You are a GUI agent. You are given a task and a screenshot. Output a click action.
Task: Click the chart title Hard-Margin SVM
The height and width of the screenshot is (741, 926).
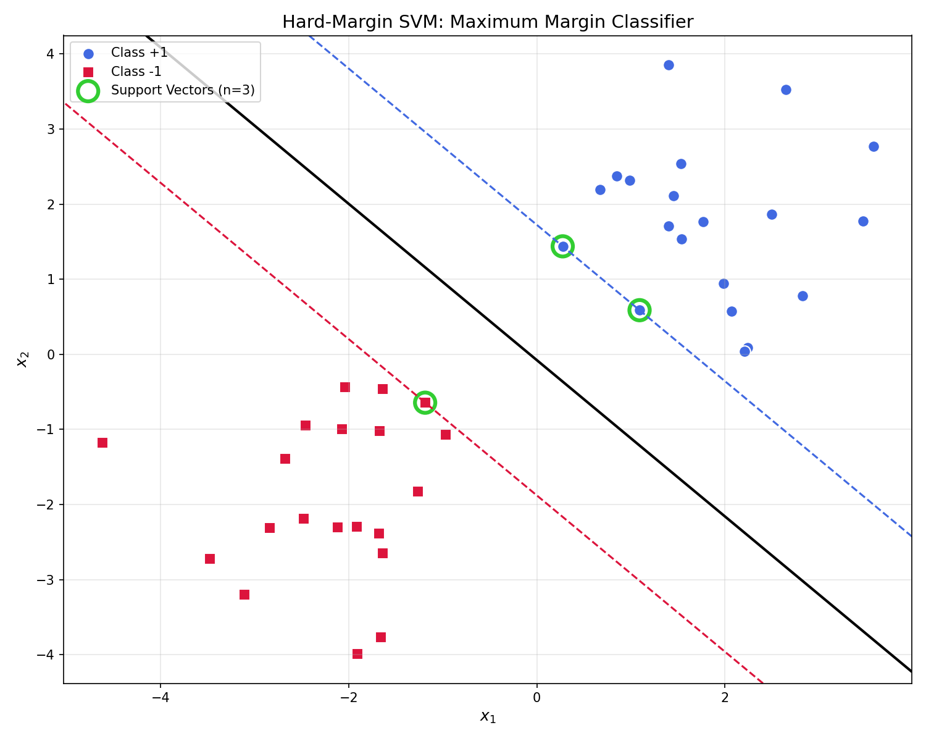[x=488, y=22]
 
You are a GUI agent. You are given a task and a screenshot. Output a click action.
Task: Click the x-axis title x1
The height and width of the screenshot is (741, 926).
[x=488, y=716]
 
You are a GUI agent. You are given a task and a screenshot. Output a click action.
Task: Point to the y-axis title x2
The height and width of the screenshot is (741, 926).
[x=23, y=359]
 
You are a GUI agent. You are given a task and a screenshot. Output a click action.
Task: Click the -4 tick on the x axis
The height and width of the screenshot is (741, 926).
[x=161, y=697]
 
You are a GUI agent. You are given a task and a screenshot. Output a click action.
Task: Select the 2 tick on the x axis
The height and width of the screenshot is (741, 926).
[x=725, y=697]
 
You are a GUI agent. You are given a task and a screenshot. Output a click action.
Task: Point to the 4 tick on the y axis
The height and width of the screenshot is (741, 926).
[x=51, y=54]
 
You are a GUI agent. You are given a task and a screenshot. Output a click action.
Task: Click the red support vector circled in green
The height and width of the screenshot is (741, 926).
[x=425, y=403]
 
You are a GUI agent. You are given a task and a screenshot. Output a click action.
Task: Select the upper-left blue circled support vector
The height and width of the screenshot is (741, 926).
[x=562, y=246]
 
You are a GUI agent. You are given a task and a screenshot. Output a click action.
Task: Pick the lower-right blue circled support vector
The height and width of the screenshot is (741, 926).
[x=640, y=310]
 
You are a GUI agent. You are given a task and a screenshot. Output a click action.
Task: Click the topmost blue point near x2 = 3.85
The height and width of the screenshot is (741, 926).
[x=669, y=65]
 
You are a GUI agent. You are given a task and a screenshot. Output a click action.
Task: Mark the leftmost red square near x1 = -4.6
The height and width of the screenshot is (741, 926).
[x=102, y=443]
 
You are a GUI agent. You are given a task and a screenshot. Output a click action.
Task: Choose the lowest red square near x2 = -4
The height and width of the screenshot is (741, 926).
[x=357, y=654]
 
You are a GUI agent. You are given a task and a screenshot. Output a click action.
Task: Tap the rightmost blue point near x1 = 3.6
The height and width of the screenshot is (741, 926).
[x=874, y=146]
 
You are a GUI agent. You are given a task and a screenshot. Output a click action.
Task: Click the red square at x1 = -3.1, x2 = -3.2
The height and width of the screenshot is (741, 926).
[x=244, y=595]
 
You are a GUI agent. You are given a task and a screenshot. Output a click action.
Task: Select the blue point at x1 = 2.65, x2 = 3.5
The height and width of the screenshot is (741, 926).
[x=786, y=90]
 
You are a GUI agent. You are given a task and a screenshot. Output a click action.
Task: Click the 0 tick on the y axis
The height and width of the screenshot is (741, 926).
[x=51, y=354]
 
